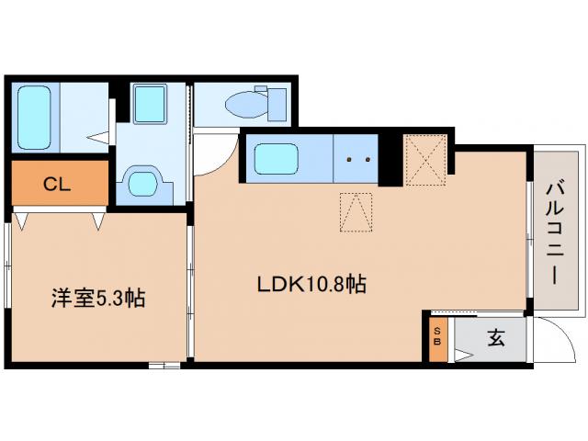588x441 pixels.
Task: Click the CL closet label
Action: tap(57, 185)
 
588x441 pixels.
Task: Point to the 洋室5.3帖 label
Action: tap(96, 298)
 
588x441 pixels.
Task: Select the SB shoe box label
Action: tap(437, 337)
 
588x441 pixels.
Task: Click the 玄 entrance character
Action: tap(495, 337)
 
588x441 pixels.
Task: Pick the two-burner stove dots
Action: tap(358, 159)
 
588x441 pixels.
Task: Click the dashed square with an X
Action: tap(425, 159)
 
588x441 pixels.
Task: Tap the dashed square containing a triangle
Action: tap(357, 212)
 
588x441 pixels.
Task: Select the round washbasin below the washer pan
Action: tap(142, 181)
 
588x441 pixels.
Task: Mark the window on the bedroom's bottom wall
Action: tap(164, 365)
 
